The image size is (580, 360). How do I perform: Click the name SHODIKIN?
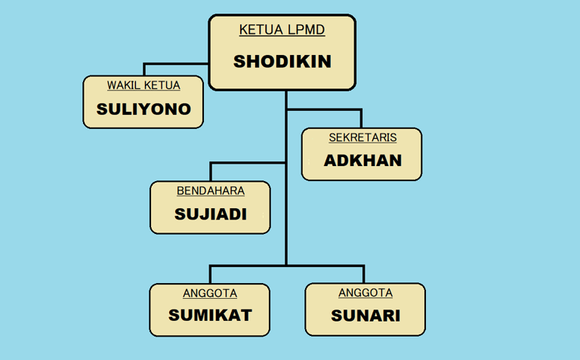pyautogui.click(x=282, y=62)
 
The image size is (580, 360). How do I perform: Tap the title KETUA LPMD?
pyautogui.click(x=282, y=30)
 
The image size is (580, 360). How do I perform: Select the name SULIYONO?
pyautogui.click(x=143, y=109)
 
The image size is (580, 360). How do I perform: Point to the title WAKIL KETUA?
pyautogui.click(x=143, y=85)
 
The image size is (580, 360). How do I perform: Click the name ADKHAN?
pyautogui.click(x=362, y=161)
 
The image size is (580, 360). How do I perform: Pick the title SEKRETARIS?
pyautogui.click(x=362, y=137)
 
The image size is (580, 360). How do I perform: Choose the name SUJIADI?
pyautogui.click(x=211, y=214)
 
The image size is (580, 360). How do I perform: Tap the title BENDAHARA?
pyautogui.click(x=211, y=191)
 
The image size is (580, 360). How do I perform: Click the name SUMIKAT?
pyautogui.click(x=209, y=315)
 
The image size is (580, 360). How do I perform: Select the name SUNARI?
pyautogui.click(x=366, y=315)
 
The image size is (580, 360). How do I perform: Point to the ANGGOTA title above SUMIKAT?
pyautogui.click(x=210, y=293)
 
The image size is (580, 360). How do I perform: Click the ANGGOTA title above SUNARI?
pyautogui.click(x=366, y=293)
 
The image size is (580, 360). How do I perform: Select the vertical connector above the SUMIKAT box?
pyautogui.click(x=210, y=275)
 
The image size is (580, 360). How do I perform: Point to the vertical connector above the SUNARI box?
pyautogui.click(x=363, y=275)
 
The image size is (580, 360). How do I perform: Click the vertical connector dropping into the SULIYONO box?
pyautogui.click(x=143, y=69)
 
